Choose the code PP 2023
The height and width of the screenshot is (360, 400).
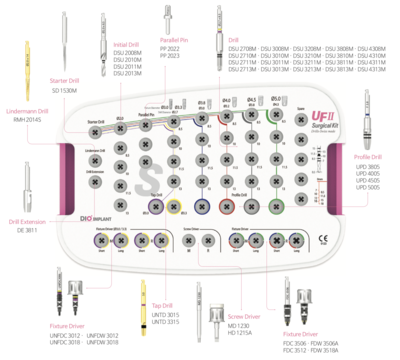(172, 57)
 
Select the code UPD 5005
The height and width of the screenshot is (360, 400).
(367, 187)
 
